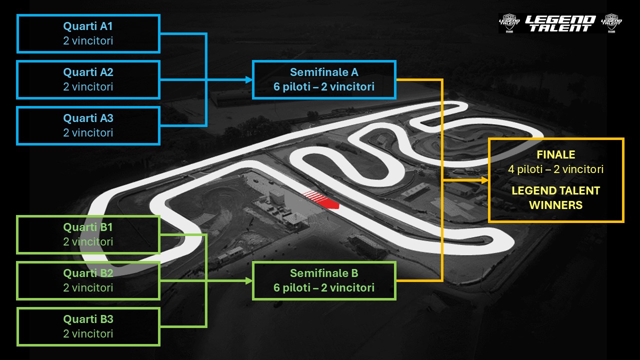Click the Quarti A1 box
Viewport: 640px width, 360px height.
tap(88, 33)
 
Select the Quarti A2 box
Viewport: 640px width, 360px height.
tap(88, 79)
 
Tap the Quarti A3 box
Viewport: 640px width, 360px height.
tap(88, 125)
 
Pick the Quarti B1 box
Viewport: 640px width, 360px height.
tap(88, 234)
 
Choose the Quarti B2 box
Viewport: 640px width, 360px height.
tap(88, 280)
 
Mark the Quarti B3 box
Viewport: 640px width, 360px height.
tap(88, 326)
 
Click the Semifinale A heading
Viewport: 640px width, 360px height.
tap(324, 72)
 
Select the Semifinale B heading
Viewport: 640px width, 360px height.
tap(324, 273)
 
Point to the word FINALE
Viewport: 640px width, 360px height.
tap(556, 155)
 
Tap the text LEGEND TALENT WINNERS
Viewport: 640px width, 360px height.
tap(556, 197)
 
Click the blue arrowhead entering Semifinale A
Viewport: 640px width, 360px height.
tap(248, 80)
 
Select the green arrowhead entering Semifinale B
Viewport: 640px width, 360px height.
tap(248, 281)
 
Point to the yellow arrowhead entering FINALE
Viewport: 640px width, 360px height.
tap(484, 180)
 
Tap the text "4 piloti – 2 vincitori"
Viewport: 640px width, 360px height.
tap(556, 169)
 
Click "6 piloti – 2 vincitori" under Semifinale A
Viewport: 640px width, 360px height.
tap(324, 87)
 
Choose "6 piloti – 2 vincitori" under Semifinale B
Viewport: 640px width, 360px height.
tap(324, 288)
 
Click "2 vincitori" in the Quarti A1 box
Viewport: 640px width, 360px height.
tap(88, 41)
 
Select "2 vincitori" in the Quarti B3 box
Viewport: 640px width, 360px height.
tap(88, 334)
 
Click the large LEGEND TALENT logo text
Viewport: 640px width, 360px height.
tap(560, 23)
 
